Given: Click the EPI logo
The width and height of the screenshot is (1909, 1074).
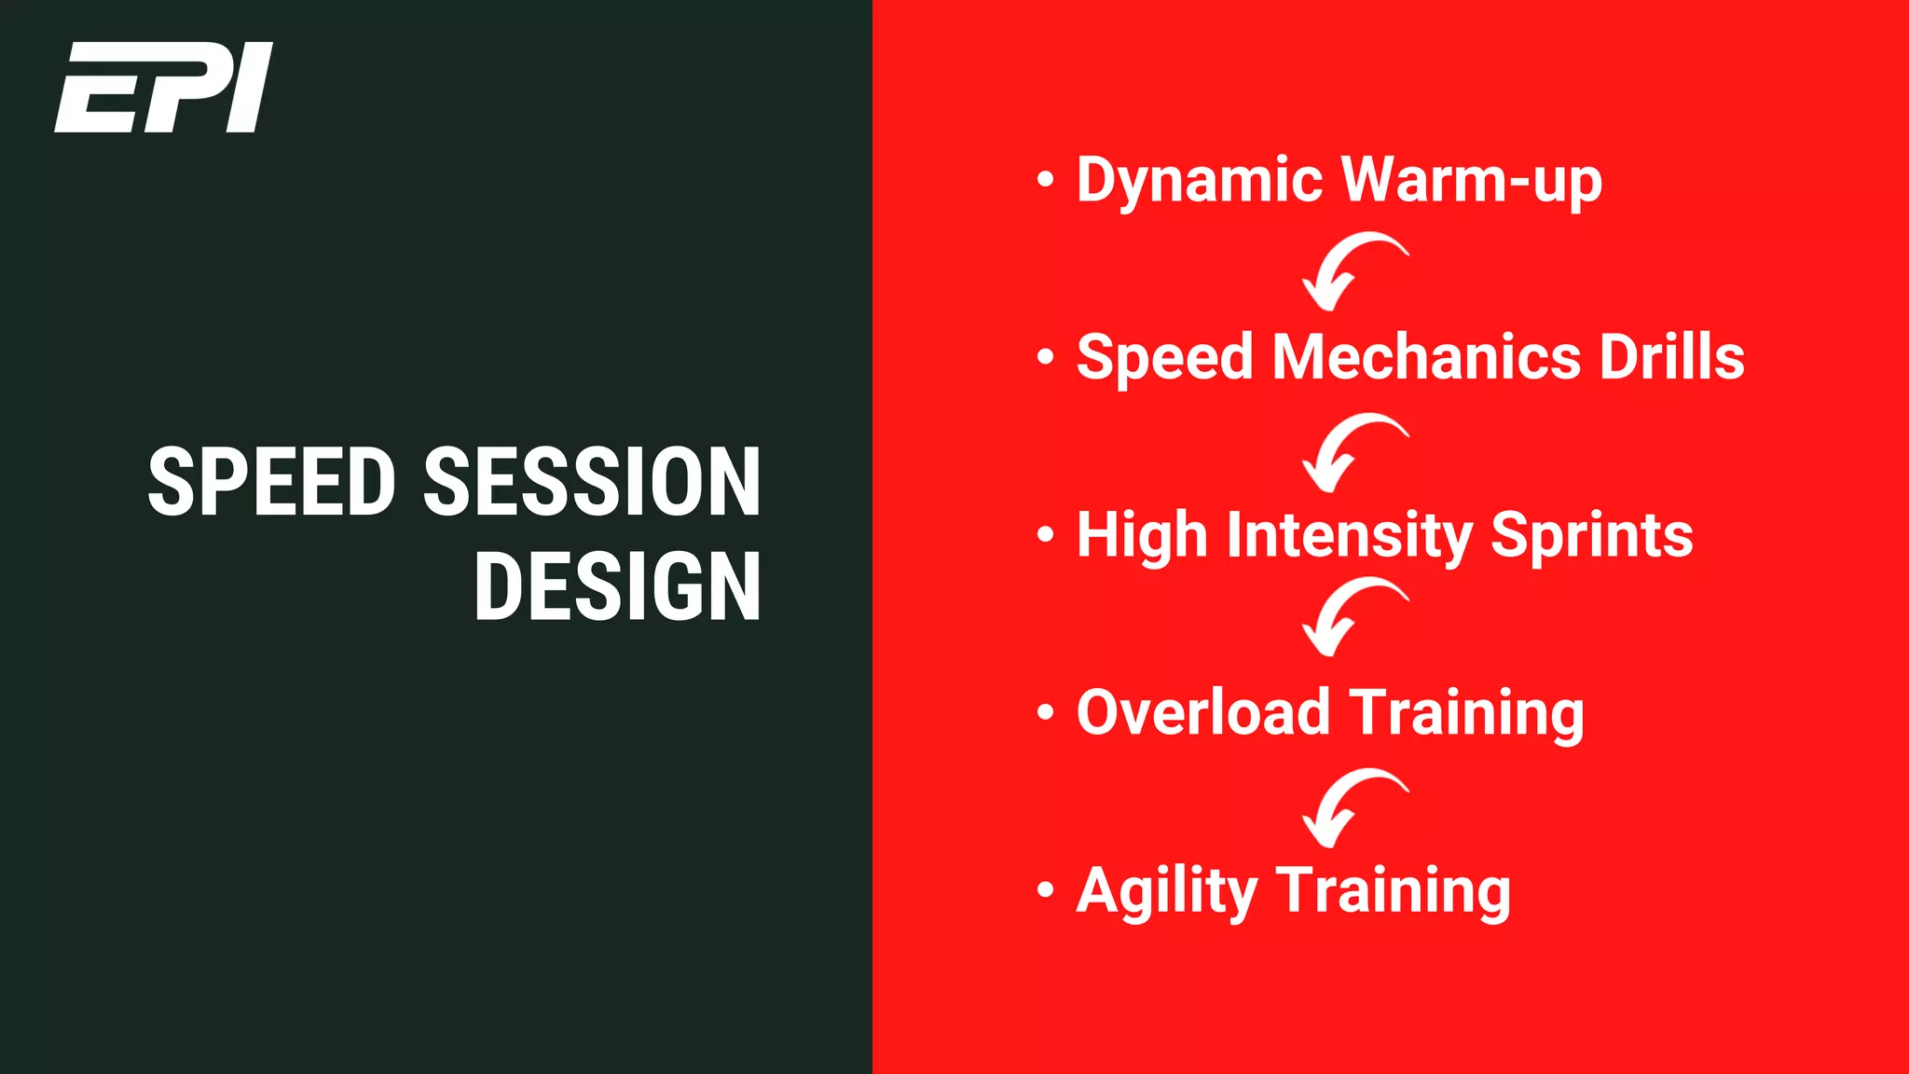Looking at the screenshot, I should coord(164,87).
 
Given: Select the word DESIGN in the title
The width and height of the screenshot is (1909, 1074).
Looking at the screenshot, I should coord(617,586).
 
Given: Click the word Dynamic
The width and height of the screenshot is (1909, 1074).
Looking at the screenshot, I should coord(1199,180).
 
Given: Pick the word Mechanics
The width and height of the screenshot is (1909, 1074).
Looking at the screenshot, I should coord(1426,357).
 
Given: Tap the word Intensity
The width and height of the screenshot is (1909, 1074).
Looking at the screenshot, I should coord(1349,536).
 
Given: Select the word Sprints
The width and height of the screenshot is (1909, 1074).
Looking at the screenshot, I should coord(1591,536).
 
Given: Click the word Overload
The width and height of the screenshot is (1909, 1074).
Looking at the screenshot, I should coord(1202,713).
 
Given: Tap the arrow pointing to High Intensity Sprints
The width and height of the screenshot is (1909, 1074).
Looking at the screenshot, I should coord(1351,450).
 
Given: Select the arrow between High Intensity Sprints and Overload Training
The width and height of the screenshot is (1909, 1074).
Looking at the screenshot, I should coord(1351,615).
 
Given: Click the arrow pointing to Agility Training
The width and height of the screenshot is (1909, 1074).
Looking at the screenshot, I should coord(1351,805).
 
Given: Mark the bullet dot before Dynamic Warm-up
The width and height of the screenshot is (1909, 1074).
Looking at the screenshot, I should coord(1045,179).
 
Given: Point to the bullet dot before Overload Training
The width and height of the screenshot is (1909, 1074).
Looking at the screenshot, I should coord(1045,713).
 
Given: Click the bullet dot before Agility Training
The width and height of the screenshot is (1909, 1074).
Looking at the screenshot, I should coord(1045,890).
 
